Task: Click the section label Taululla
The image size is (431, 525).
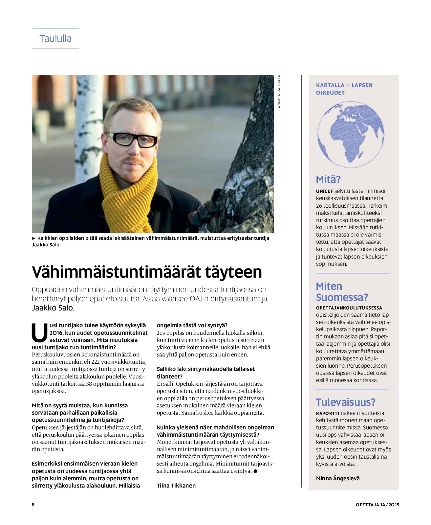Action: pos(55,38)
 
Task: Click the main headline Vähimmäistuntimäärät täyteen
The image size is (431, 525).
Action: pos(147,272)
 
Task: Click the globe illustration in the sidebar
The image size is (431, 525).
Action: pos(350,134)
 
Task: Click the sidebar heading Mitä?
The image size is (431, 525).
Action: pos(328,179)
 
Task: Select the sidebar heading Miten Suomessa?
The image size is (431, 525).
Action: pos(341,292)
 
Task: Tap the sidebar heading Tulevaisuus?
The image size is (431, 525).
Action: pos(346,402)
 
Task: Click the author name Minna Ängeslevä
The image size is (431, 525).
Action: pos(338,478)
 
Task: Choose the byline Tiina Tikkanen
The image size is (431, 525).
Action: pos(176,486)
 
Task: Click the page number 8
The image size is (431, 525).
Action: pos(33,505)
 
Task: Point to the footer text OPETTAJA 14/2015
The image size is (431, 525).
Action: pos(377,505)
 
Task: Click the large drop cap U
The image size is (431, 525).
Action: pos(39,332)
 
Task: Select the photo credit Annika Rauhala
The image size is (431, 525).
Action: pos(279,91)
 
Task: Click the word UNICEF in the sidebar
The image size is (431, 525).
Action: pos(324,191)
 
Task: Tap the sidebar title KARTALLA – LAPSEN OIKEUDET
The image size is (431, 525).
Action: pos(344,89)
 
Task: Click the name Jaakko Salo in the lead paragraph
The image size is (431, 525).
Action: pos(52,308)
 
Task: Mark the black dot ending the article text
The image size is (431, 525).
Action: pos(255,471)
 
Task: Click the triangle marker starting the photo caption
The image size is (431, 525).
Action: pos(33,238)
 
